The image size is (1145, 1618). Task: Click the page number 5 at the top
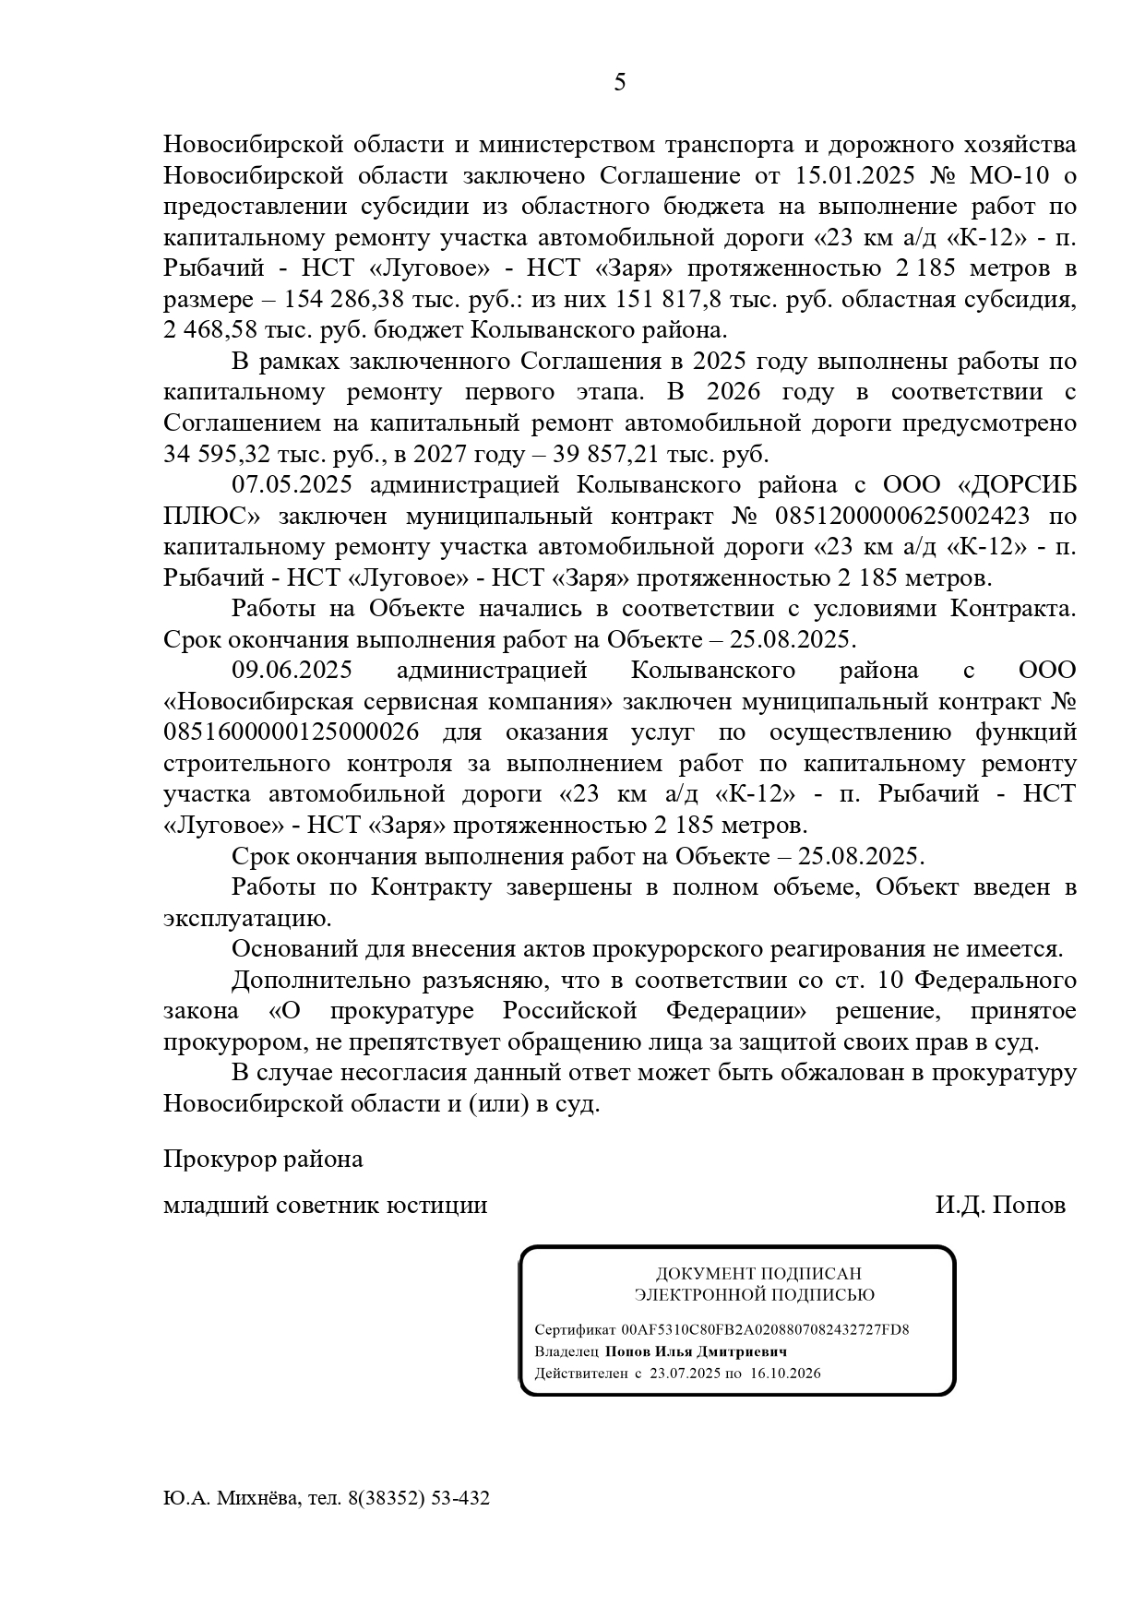click(619, 83)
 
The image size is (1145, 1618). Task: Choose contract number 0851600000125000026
click(292, 732)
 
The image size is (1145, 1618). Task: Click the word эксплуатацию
click(245, 919)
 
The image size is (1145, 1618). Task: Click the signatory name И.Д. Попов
click(1000, 1205)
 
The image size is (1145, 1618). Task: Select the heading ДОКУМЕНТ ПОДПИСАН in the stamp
click(758, 1274)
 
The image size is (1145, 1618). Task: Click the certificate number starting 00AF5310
click(765, 1329)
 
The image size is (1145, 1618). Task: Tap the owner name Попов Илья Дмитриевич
click(696, 1351)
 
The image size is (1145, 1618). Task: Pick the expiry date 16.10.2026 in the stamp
click(785, 1373)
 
